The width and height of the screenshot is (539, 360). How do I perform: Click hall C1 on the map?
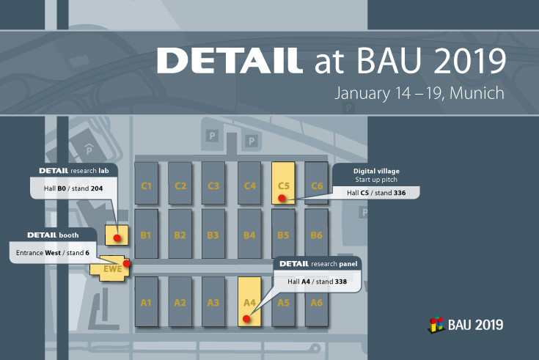(146, 185)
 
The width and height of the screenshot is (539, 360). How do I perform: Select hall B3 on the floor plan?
(213, 235)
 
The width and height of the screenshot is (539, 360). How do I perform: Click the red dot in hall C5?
(282, 198)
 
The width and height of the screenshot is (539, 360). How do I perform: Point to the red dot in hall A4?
(247, 318)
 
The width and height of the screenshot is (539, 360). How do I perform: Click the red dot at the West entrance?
(127, 263)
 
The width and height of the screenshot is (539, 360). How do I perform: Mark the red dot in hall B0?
(117, 238)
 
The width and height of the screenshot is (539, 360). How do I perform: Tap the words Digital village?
(376, 171)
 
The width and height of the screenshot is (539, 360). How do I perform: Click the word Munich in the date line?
(479, 95)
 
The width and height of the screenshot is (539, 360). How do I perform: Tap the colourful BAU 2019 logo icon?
(436, 323)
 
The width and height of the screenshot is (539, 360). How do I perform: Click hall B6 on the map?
(316, 235)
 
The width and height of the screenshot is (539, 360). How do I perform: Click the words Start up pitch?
(376, 180)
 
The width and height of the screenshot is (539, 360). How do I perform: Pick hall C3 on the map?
(213, 185)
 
